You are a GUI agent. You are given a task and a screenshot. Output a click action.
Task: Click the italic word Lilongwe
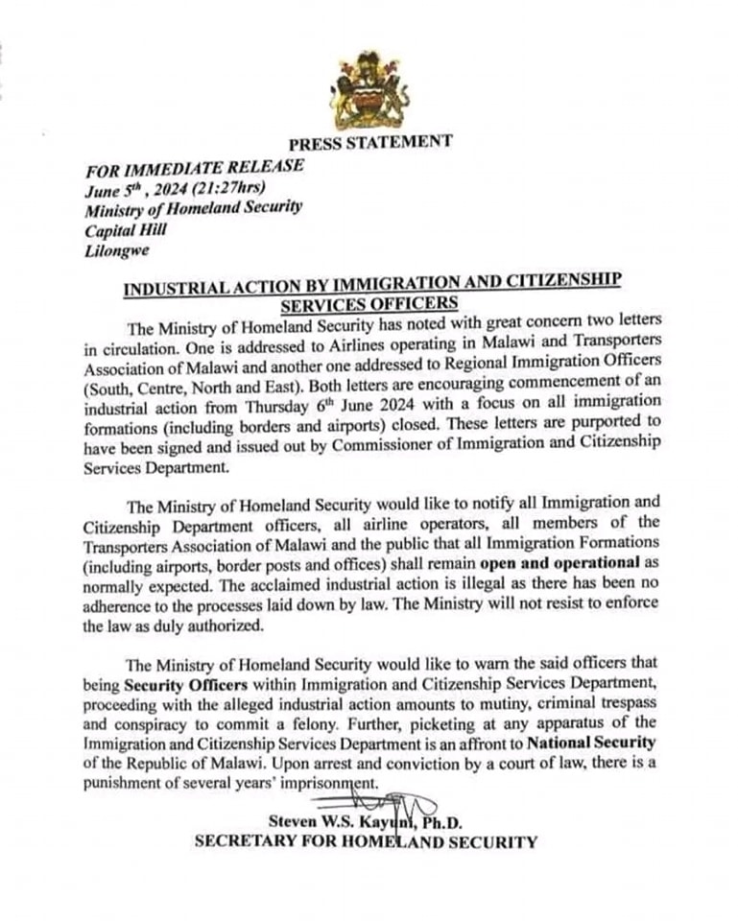115,251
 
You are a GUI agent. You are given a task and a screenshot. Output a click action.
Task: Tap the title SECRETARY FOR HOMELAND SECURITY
366,843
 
